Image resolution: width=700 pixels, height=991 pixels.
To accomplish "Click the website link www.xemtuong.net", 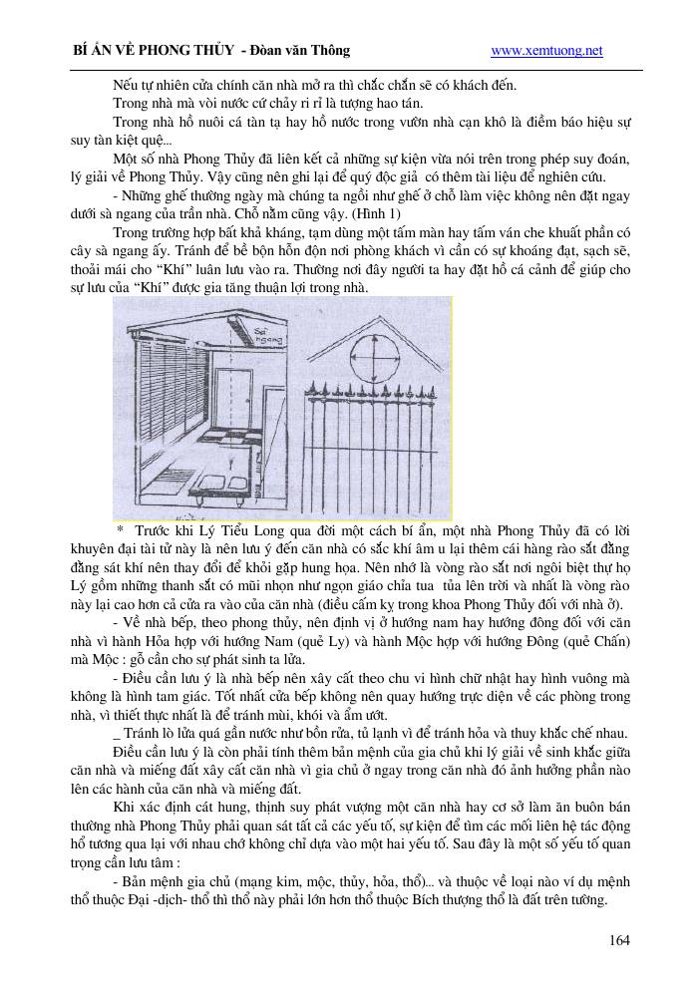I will point(547,51).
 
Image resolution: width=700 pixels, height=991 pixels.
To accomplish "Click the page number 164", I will point(619,940).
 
